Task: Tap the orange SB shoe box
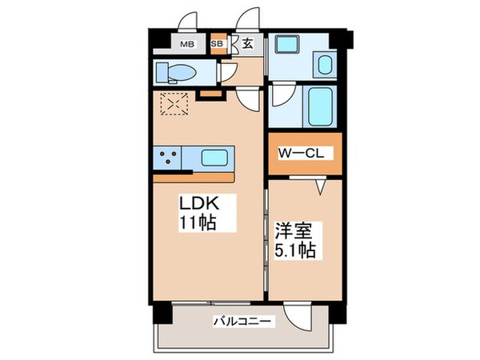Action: (x=217, y=45)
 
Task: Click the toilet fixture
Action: (x=175, y=72)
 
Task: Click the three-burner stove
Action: (x=168, y=157)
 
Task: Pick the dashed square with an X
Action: (x=173, y=104)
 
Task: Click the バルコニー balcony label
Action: (x=243, y=322)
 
